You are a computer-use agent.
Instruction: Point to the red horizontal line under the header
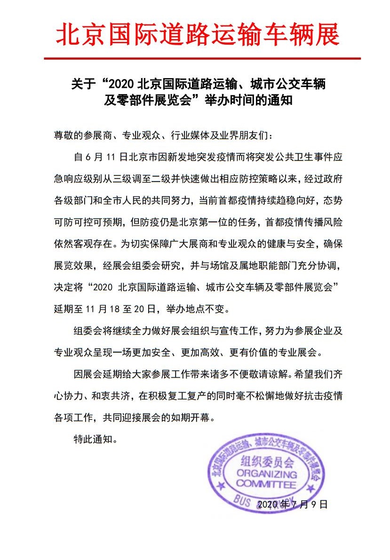click(202, 58)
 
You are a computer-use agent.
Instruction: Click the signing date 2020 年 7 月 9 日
click(292, 505)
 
